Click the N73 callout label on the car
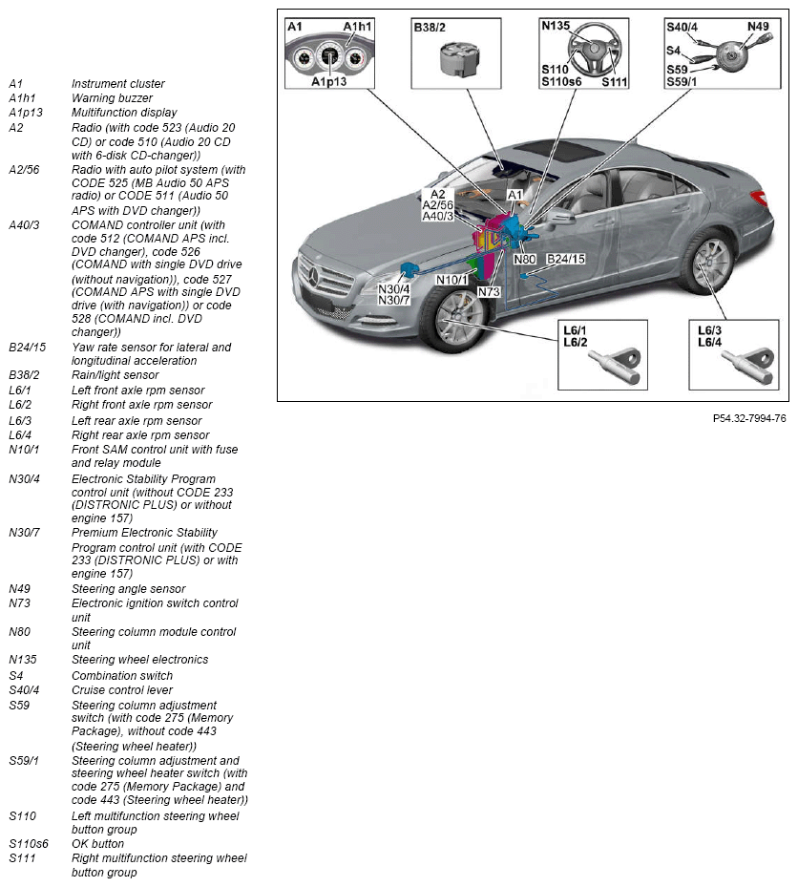pyautogui.click(x=489, y=291)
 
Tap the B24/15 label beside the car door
pyautogui.click(x=566, y=259)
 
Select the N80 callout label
pyautogui.click(x=525, y=259)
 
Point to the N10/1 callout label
pyautogui.click(x=452, y=280)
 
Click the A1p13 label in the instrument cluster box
pyautogui.click(x=328, y=82)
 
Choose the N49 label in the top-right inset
pyautogui.click(x=758, y=26)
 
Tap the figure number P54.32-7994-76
pyautogui.click(x=749, y=418)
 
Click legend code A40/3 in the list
pyautogui.click(x=24, y=225)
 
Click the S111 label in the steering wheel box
pyautogui.click(x=615, y=82)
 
